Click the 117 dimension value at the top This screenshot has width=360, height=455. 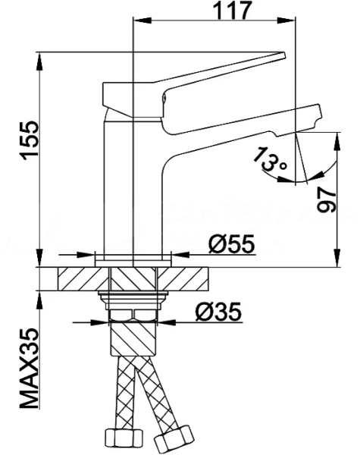(231, 11)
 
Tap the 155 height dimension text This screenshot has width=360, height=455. (30, 140)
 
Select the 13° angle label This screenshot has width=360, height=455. (269, 160)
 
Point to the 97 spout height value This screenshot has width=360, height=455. (327, 199)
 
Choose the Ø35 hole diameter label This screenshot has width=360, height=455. (218, 312)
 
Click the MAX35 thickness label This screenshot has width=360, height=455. (29, 369)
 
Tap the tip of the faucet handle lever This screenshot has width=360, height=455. (284, 55)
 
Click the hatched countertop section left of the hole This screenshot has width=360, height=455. (83, 278)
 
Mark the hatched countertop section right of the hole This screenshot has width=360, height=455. (183, 278)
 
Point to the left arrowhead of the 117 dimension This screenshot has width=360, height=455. (142, 20)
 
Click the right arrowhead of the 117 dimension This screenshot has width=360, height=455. (286, 20)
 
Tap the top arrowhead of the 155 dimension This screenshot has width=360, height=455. (39, 61)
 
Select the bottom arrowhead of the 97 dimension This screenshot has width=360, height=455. (337, 257)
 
